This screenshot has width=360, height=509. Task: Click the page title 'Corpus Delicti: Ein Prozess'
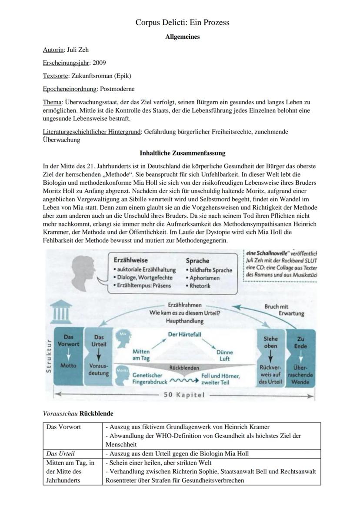pyautogui.click(x=182, y=23)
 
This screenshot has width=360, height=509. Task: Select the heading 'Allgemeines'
pyautogui.click(x=182, y=37)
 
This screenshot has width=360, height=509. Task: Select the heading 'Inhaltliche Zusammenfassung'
pyautogui.click(x=182, y=153)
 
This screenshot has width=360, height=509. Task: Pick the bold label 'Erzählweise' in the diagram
pyautogui.click(x=130, y=260)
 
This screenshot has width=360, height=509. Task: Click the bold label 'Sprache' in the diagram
pyautogui.click(x=197, y=261)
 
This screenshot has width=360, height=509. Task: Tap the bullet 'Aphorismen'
pyautogui.click(x=204, y=278)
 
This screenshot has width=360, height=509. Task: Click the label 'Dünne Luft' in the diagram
pyautogui.click(x=225, y=356)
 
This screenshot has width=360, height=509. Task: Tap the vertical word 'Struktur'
pyautogui.click(x=49, y=355)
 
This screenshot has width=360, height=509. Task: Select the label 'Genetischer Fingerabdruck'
pyautogui.click(x=148, y=378)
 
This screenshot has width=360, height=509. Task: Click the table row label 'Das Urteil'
pyautogui.click(x=60, y=454)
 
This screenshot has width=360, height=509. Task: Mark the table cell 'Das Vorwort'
pyautogui.click(x=63, y=427)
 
